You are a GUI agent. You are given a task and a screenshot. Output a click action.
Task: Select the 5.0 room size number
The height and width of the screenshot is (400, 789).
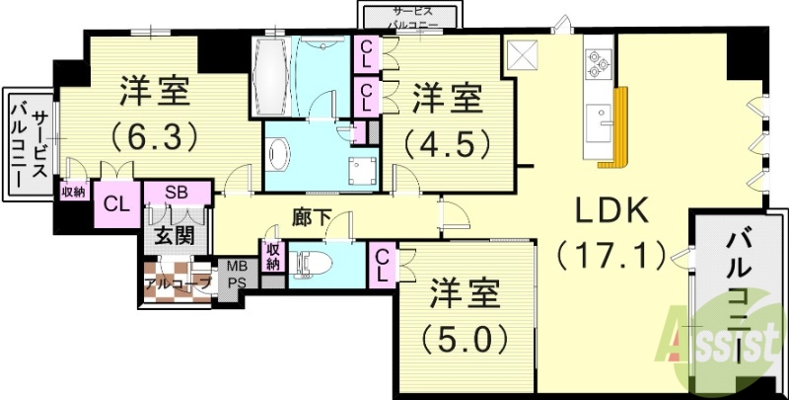click(x=465, y=339)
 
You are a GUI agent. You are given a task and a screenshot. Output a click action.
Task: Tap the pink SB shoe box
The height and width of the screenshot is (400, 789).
click(x=178, y=192)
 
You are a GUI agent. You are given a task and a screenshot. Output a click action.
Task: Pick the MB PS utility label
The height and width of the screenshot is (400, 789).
click(x=239, y=274)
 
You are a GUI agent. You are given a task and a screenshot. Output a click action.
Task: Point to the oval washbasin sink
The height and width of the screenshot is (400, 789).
click(x=280, y=154)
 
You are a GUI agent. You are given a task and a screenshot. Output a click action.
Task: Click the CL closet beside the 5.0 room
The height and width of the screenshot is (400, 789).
click(x=381, y=264)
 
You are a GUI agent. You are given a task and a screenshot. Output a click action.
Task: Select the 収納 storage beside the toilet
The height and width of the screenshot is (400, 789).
click(x=273, y=257)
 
